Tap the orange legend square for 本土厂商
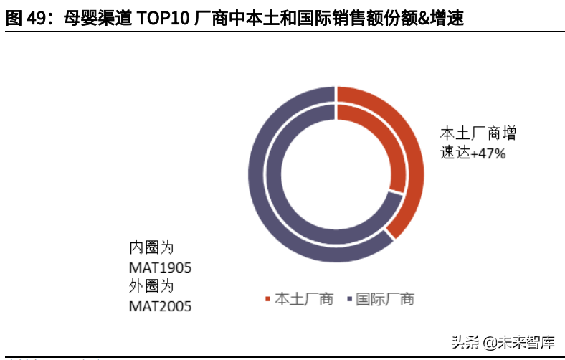pos(268,299)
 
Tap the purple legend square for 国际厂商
pos(349,299)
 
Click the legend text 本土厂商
pos(304,299)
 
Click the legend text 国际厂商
pos(385,299)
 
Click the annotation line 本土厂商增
pos(478,133)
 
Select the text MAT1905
pos(161,267)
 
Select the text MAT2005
pos(161,306)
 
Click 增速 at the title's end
pos(447,19)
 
